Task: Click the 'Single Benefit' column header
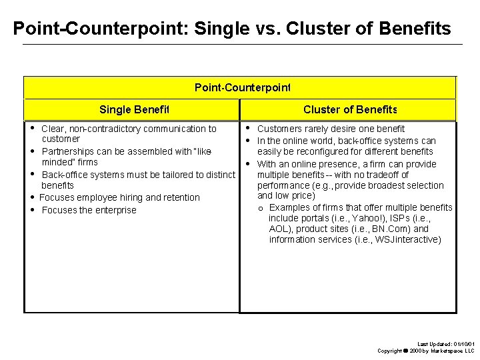pos(135,109)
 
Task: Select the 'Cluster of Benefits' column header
pos(350,109)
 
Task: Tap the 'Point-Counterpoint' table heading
pos(243,87)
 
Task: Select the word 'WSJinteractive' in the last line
pos(407,239)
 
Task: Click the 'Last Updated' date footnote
pos(445,343)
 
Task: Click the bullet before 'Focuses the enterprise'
pos(32,210)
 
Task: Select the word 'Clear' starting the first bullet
pos(53,129)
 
